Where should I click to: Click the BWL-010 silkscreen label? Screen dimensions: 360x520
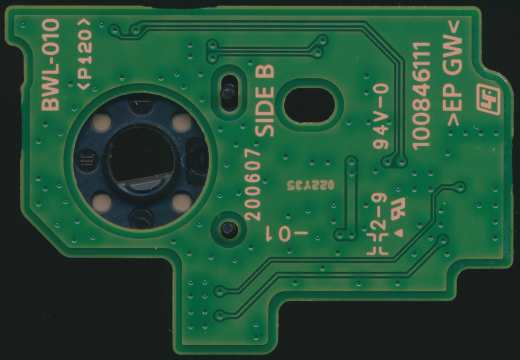[x=50, y=64]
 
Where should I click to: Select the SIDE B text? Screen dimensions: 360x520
[x=264, y=101]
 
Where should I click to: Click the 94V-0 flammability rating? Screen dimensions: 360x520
[x=380, y=116]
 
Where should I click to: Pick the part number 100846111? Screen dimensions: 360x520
[x=421, y=95]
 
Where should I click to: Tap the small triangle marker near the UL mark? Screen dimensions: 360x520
[x=399, y=233]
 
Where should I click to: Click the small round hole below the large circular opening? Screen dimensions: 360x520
[x=229, y=230]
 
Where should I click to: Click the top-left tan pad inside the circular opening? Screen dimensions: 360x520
[x=102, y=122]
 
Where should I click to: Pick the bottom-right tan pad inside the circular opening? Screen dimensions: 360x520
[x=181, y=203]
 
